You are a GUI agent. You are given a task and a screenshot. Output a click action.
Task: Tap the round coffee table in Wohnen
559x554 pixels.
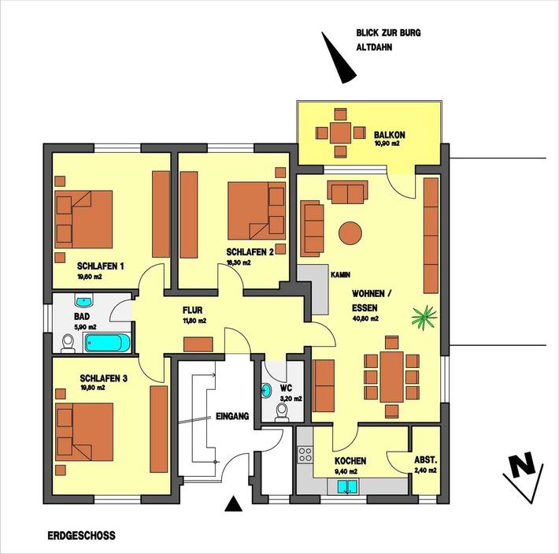pos(350,232)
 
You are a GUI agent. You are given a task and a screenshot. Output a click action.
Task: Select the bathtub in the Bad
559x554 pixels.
pos(109,343)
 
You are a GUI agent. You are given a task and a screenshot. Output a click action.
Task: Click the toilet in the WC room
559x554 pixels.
pos(281,411)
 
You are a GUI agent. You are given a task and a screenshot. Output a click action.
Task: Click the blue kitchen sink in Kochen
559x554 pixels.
pos(346,486)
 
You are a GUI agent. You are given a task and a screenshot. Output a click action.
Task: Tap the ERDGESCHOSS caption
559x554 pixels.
pos(80,535)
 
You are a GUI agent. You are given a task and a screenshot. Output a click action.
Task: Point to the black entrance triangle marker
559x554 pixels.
pos(233,505)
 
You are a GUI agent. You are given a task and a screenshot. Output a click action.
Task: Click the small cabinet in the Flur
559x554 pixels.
pos(198,344)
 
